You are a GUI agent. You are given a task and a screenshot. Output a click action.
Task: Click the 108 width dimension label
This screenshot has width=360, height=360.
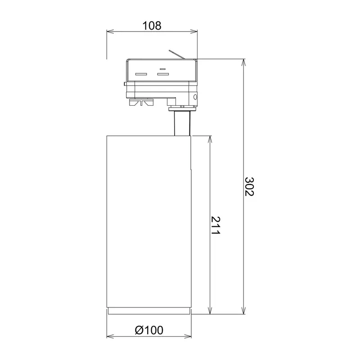click(x=152, y=26)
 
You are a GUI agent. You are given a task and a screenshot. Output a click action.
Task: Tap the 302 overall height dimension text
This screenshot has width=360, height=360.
click(x=249, y=186)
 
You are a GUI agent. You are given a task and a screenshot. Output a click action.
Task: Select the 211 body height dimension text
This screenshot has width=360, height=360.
click(x=216, y=225)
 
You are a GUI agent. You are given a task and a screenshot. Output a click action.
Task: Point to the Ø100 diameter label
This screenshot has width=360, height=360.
click(x=149, y=330)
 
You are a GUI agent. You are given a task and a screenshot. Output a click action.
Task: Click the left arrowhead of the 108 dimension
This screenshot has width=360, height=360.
click(x=110, y=31)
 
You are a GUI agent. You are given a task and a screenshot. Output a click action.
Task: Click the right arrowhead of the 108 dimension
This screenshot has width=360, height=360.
click(x=194, y=31)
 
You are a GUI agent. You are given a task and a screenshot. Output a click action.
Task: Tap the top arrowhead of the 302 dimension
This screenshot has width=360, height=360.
click(x=243, y=63)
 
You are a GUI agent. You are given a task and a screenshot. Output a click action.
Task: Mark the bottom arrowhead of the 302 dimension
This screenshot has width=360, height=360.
click(x=243, y=310)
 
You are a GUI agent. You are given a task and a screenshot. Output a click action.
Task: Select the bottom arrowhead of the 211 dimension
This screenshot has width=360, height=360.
click(x=210, y=310)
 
